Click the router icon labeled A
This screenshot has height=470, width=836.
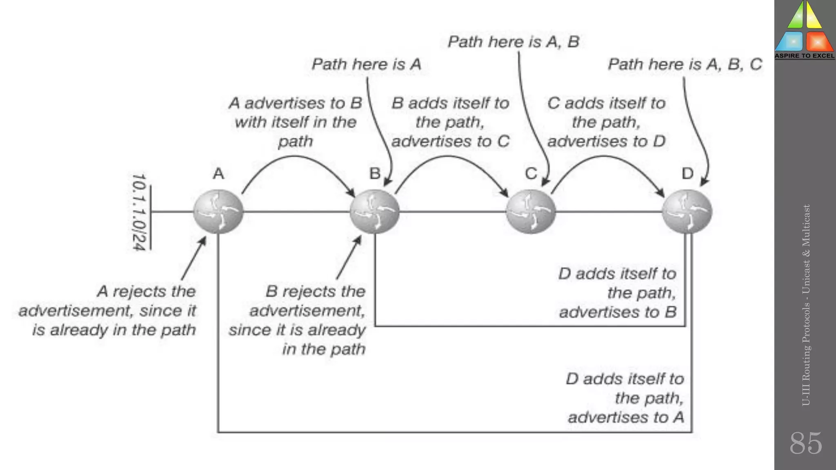218,211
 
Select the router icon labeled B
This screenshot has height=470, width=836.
374,211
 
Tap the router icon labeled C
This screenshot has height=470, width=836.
531,211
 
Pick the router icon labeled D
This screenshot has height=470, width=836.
687,211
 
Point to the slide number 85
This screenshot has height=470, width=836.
805,443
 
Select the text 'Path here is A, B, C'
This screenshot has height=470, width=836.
685,64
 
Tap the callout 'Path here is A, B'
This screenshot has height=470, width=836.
513,42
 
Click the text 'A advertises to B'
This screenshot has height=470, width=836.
295,103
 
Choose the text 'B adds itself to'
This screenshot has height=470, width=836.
450,103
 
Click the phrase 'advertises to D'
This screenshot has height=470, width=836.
606,141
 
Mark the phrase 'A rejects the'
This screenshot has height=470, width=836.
146,291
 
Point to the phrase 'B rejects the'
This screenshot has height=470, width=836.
315,291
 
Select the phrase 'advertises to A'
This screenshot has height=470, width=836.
625,417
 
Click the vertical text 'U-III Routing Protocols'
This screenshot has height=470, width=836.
805,355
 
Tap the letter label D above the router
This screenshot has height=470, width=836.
687,174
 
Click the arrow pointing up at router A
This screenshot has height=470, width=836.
193,259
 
